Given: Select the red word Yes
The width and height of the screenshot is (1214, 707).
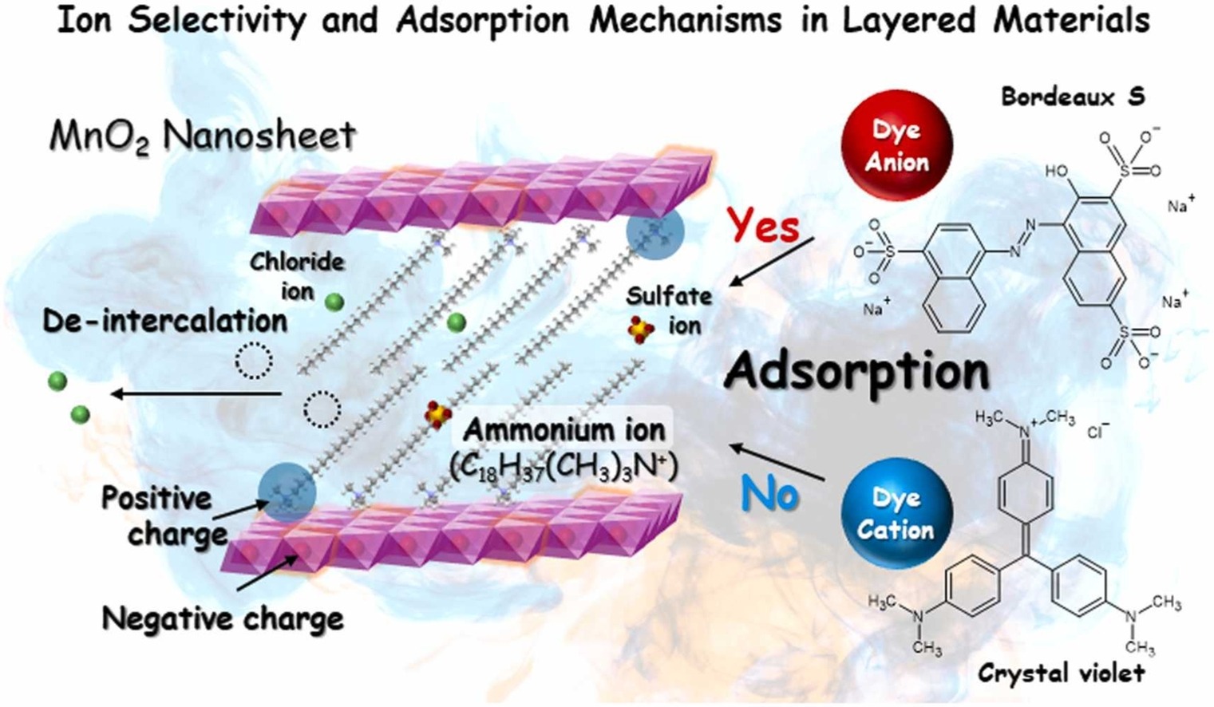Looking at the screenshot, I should (x=763, y=226).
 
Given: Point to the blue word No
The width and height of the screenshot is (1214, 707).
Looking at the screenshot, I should (x=769, y=495).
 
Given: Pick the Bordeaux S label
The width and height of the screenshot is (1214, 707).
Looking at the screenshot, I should (x=1073, y=97).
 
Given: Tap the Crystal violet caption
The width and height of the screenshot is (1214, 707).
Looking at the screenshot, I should (x=1062, y=673).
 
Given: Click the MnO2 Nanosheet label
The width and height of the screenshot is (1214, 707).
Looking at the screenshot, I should (x=203, y=136).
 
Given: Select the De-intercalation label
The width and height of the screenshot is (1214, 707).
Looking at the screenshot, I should (x=165, y=321).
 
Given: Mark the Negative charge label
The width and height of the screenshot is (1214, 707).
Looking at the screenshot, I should (x=223, y=618).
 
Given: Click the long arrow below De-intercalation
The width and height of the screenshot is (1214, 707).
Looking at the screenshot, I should (x=196, y=393).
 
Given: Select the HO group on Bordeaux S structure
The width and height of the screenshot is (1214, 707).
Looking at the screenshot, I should (x=1057, y=172).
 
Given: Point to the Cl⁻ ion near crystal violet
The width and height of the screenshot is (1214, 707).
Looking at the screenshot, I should (x=1099, y=432).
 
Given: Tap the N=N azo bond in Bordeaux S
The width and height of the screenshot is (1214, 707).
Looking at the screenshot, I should (x=1023, y=238).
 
